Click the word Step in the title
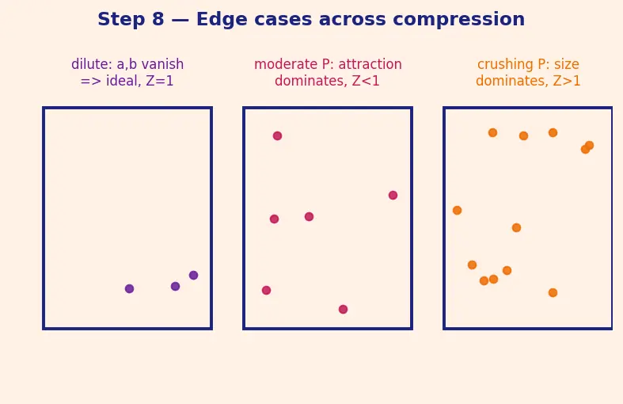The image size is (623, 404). [121, 20]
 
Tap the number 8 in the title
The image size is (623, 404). [158, 19]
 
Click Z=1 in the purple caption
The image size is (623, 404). [160, 81]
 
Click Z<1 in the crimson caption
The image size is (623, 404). [366, 81]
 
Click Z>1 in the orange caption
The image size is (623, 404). [567, 81]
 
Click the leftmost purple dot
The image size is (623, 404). [129, 288]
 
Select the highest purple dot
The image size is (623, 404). [193, 275]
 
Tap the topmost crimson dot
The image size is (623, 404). [277, 136]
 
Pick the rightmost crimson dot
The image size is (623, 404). [393, 195]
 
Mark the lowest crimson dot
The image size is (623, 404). [343, 310]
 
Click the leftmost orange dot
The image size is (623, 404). [458, 211]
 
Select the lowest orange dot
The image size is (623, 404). [553, 292]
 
